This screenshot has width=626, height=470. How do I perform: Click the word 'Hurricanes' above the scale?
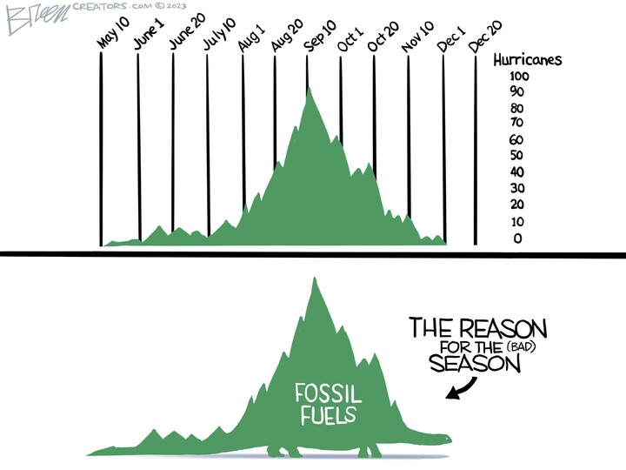pyautogui.click(x=527, y=61)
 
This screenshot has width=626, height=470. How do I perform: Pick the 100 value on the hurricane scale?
pyautogui.click(x=520, y=77)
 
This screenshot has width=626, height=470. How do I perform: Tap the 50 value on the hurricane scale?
pyautogui.click(x=517, y=156)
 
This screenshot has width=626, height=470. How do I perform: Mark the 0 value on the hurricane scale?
pyautogui.click(x=518, y=238)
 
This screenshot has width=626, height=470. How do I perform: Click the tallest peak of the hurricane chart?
pyautogui.click(x=310, y=89)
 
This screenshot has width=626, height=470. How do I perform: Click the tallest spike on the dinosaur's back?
pyautogui.click(x=314, y=283)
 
